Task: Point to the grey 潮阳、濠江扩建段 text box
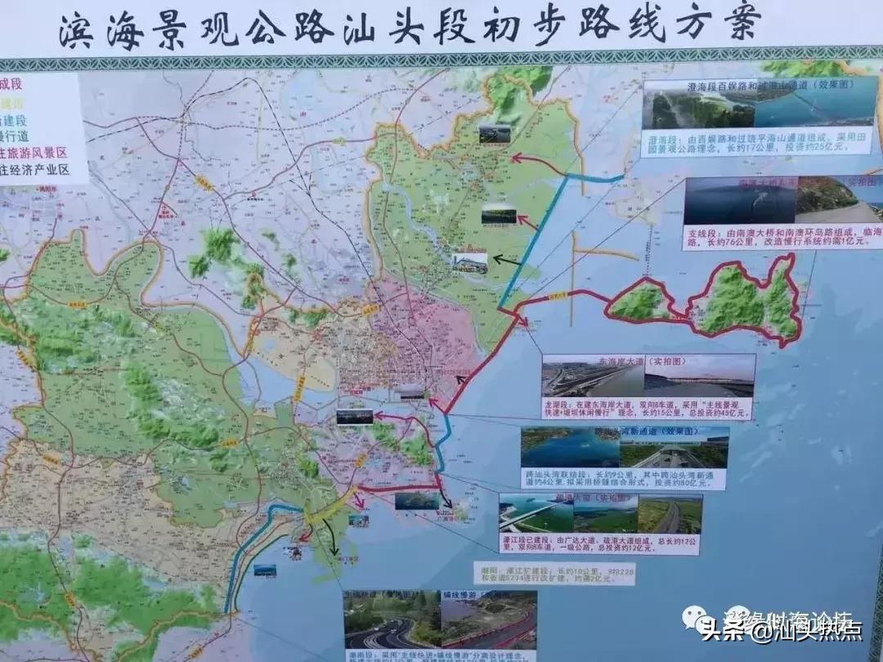pos(553,573)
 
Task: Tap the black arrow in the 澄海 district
pos(507,261)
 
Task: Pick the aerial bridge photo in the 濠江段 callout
pos(535,513)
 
